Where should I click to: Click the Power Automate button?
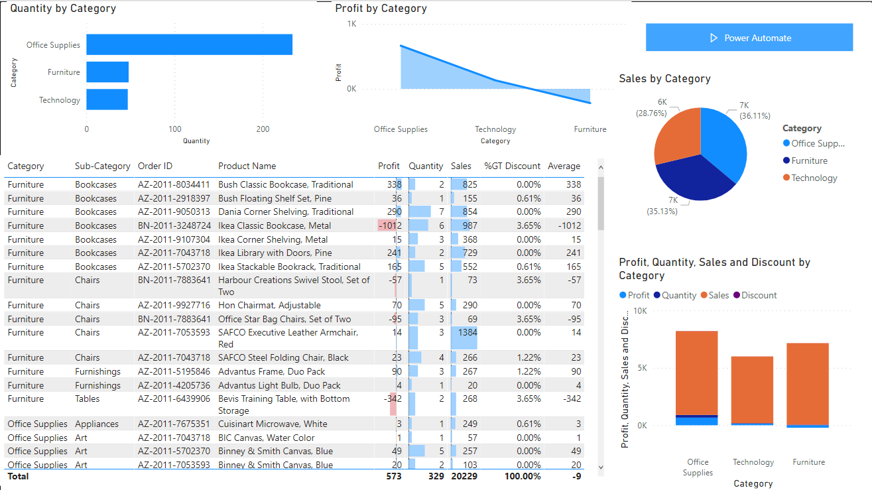pos(749,38)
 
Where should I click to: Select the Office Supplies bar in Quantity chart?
pos(189,44)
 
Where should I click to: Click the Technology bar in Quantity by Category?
pos(107,99)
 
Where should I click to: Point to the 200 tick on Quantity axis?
pos(263,129)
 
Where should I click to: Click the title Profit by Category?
pos(381,9)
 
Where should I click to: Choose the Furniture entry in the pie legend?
pos(809,160)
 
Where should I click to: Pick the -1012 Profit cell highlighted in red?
pos(389,225)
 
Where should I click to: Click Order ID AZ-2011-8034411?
pos(174,184)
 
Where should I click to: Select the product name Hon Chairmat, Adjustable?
pos(269,305)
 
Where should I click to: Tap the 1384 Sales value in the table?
pos(466,332)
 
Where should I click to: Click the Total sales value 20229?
pos(464,476)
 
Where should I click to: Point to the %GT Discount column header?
pos(512,166)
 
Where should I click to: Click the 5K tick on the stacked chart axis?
pos(640,368)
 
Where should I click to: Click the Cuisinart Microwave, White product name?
pos(273,424)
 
